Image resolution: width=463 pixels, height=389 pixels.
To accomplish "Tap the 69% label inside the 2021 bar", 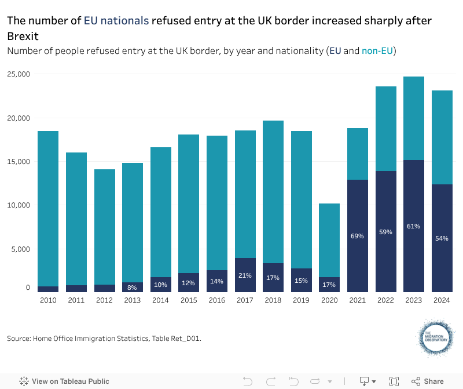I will [357, 237].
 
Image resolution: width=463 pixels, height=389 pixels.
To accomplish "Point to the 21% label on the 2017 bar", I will [245, 275].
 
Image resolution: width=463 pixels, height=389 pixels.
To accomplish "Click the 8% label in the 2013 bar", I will [133, 288].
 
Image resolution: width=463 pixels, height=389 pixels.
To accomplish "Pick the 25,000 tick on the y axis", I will [19, 74].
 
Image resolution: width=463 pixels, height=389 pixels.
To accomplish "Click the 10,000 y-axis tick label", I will [19, 205].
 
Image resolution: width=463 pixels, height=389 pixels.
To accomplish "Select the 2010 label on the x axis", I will [48, 300].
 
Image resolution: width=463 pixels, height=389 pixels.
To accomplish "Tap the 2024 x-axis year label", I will [442, 300].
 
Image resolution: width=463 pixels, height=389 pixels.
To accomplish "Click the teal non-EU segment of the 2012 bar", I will [104, 227].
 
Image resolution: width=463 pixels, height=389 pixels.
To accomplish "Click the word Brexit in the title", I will [23, 37].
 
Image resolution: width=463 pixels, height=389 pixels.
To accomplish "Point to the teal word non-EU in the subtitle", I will [377, 51].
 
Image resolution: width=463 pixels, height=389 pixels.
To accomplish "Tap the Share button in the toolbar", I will [428, 381].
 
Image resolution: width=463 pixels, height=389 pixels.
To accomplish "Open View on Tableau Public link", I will [64, 381].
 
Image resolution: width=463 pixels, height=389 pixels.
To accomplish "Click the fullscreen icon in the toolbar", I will [394, 381].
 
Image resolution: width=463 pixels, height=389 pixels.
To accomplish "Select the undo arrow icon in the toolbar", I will [248, 381].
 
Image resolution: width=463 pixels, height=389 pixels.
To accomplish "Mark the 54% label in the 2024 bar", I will [442, 239].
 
